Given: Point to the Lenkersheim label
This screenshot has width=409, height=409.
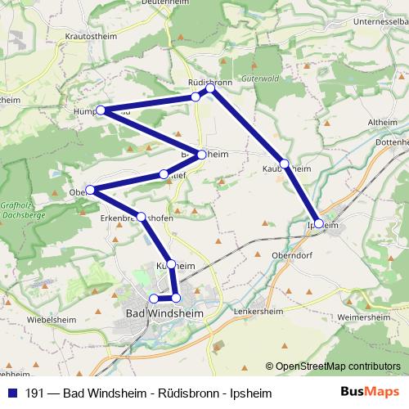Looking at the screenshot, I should pyautogui.click(x=280, y=312).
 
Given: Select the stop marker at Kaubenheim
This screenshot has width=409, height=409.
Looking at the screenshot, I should pyautogui.click(x=285, y=164).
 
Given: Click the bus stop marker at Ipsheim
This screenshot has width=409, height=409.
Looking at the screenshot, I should pyautogui.click(x=318, y=222).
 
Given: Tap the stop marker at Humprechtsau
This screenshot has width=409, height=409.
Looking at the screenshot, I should pyautogui.click(x=101, y=110).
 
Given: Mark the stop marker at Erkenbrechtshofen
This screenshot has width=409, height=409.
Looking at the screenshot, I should pyautogui.click(x=142, y=217).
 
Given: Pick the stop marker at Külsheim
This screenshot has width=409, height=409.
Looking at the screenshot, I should pyautogui.click(x=170, y=264).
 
